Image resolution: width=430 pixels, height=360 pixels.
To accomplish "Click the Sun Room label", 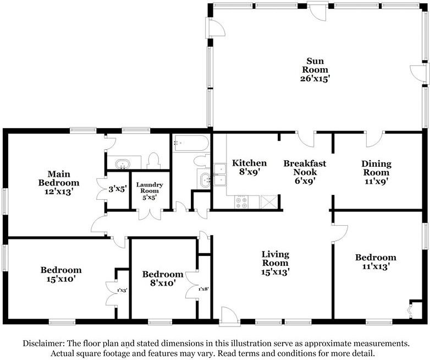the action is [315, 70].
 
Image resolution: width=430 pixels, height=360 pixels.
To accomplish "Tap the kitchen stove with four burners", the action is [241, 202].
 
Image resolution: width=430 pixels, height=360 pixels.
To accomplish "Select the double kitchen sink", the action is [220, 174].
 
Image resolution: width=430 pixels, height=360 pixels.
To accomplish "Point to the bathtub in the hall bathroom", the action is [191, 143].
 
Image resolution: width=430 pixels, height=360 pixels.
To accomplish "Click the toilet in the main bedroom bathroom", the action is [153, 161].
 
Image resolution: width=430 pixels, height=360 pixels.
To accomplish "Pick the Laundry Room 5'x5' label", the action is [150, 190].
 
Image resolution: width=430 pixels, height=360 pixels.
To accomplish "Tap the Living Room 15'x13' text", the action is [275, 263].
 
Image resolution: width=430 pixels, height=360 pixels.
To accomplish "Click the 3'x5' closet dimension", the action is [117, 189].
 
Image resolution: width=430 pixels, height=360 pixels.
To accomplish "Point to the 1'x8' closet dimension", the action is [204, 289].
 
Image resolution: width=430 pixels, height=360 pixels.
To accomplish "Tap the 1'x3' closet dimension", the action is [122, 290].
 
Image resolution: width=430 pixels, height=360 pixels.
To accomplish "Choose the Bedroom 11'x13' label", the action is [376, 261].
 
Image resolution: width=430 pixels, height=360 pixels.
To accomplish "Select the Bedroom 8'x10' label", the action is [163, 279].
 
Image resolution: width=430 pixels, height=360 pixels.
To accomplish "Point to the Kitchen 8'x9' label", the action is [249, 167].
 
